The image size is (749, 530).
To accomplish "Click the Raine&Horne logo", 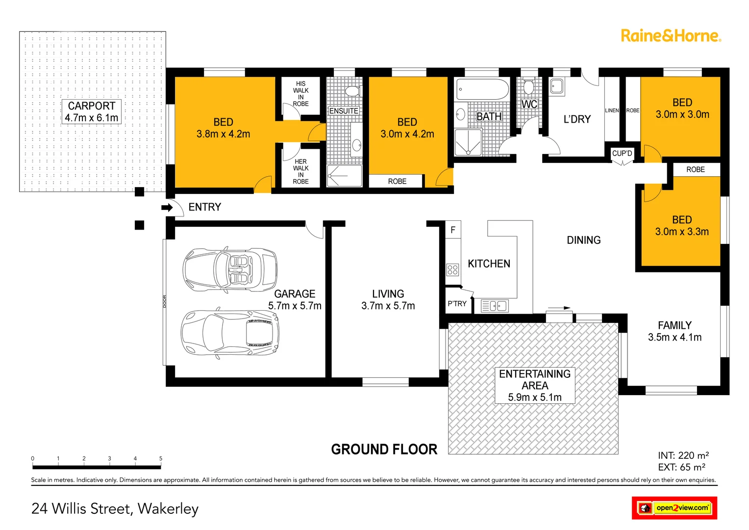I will pyautogui.click(x=670, y=36).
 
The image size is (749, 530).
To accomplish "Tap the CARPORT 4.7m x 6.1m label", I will pyautogui.click(x=92, y=112).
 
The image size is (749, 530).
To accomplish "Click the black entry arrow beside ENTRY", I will pyautogui.click(x=167, y=208).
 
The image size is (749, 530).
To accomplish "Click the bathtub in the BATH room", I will pyautogui.click(x=482, y=89).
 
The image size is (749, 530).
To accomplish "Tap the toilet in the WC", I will pyautogui.click(x=528, y=87).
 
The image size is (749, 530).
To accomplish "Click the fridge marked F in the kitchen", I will pyautogui.click(x=453, y=230).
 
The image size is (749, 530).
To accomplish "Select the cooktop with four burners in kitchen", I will pyautogui.click(x=452, y=269).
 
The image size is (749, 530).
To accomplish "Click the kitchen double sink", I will pyautogui.click(x=494, y=306).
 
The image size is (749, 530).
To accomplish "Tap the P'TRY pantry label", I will pyautogui.click(x=457, y=304).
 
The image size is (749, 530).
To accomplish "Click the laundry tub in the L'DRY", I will pyautogui.click(x=556, y=86).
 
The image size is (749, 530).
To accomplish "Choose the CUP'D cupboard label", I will pyautogui.click(x=622, y=154).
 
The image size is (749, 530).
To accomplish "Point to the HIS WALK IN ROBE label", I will pyautogui.click(x=300, y=94).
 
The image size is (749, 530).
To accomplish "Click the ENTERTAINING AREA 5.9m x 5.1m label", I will pyautogui.click(x=535, y=386).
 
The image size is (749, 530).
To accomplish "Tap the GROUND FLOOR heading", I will pyautogui.click(x=384, y=450).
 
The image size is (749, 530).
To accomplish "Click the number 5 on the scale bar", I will pyautogui.click(x=160, y=459).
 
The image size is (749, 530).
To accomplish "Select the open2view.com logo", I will pyautogui.click(x=674, y=508).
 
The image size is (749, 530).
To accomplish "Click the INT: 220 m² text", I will pyautogui.click(x=683, y=455).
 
